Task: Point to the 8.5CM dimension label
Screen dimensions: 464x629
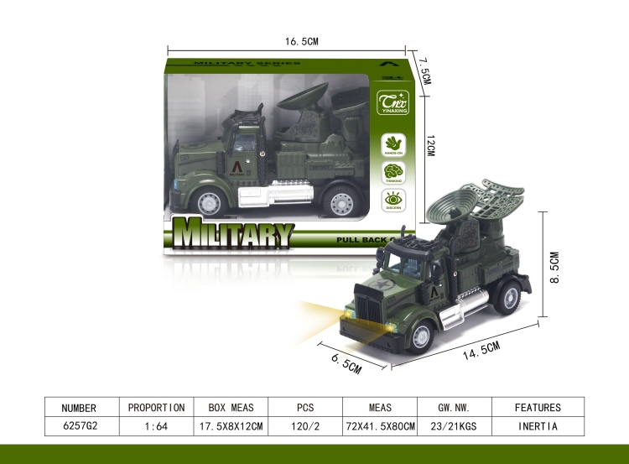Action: point(564,266)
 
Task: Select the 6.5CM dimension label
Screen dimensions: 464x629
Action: point(346,362)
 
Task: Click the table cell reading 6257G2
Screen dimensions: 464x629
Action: point(80,426)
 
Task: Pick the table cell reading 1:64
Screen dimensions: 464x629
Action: point(156,426)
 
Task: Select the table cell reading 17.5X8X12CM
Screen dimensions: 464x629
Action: point(231,426)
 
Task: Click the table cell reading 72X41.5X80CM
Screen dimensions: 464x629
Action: point(380,426)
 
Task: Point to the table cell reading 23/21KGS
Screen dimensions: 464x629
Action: point(456,426)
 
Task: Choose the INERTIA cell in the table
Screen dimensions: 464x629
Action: point(538,426)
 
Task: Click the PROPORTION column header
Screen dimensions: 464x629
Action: point(156,408)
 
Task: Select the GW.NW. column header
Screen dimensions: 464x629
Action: point(456,408)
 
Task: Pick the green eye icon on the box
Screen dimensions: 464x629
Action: point(393,200)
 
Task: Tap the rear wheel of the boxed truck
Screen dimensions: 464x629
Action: point(341,202)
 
